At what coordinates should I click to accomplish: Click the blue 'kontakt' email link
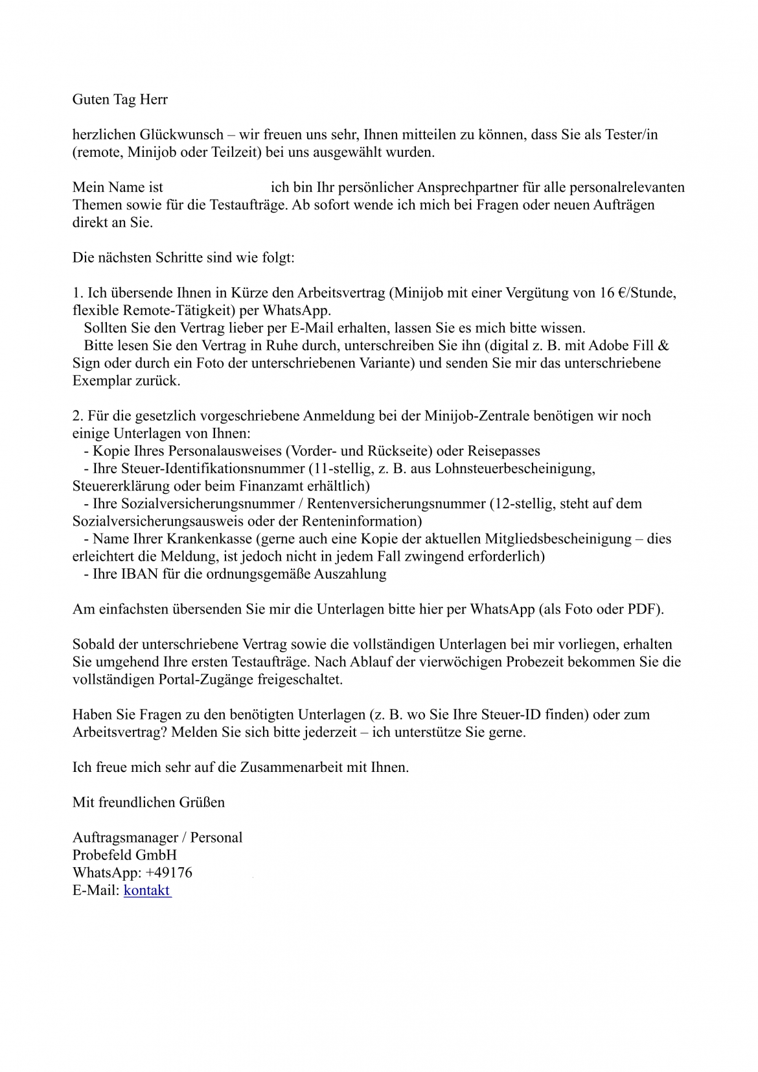coord(147,890)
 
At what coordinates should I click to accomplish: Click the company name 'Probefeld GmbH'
coord(124,855)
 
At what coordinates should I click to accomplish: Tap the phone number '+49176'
coord(169,872)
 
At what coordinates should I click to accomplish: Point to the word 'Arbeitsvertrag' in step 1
coord(341,292)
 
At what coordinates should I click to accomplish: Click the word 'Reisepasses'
coord(503,450)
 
